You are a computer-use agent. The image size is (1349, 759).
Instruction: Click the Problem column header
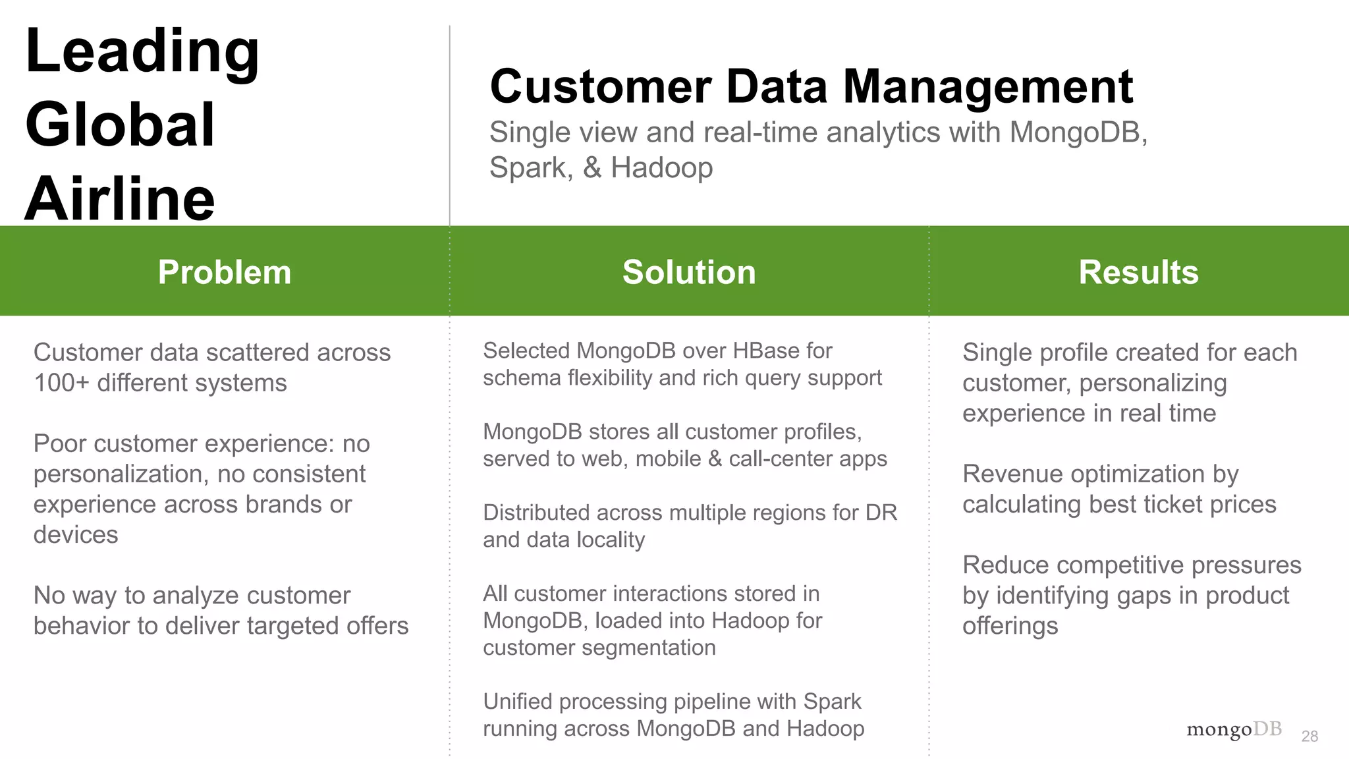coord(224,272)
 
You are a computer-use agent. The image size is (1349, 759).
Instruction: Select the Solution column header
coord(689,272)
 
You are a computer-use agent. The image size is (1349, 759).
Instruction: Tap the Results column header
coord(1138,272)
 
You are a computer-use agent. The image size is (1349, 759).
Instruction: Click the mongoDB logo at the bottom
coord(1234,730)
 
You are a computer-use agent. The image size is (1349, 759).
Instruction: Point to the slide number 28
coord(1309,737)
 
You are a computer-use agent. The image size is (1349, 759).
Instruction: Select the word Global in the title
coord(120,125)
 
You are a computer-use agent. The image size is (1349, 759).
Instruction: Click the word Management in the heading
coord(987,87)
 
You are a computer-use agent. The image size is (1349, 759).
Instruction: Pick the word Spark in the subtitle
coord(527,167)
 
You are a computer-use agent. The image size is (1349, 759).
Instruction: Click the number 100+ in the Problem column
coord(61,383)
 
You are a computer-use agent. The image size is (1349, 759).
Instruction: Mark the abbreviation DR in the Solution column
coord(881,513)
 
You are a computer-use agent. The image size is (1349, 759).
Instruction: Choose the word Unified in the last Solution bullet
coord(517,702)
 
